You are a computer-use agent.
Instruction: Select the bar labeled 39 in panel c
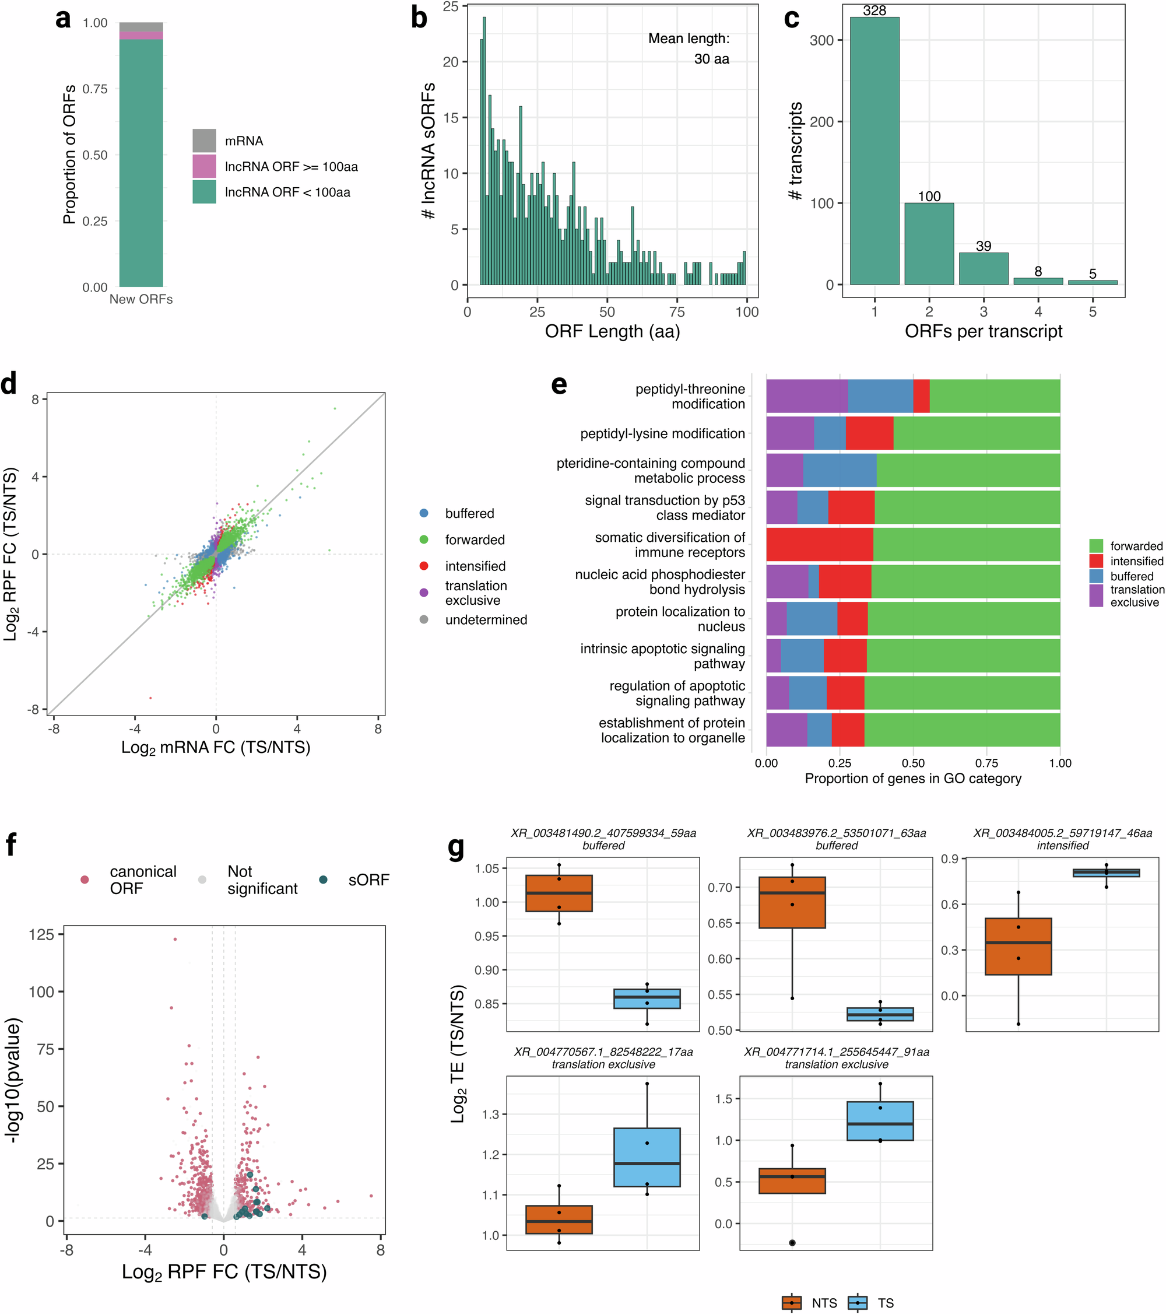[984, 269]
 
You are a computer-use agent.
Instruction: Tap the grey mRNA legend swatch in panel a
[205, 140]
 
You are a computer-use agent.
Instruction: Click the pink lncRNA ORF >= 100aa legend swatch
[205, 166]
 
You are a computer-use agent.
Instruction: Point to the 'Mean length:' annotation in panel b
[689, 38]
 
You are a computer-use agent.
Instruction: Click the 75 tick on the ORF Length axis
[677, 312]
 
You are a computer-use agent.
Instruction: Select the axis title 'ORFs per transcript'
[983, 331]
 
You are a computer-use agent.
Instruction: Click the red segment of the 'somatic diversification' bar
[820, 544]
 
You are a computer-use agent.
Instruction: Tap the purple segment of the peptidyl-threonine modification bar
[807, 396]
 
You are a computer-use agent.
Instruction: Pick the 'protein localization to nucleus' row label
[680, 618]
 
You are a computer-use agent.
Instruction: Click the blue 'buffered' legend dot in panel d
[424, 513]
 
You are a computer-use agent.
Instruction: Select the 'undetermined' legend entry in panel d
[485, 620]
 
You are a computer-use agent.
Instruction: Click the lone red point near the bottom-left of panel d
[150, 698]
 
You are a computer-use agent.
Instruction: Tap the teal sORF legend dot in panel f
[324, 879]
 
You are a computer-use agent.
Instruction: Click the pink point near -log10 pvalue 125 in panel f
[175, 939]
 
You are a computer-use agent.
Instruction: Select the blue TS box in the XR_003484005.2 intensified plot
[1105, 873]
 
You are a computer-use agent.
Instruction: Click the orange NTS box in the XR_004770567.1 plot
[559, 1220]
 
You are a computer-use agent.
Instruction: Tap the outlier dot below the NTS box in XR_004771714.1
[792, 1243]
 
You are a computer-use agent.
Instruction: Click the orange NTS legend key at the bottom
[791, 1302]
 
